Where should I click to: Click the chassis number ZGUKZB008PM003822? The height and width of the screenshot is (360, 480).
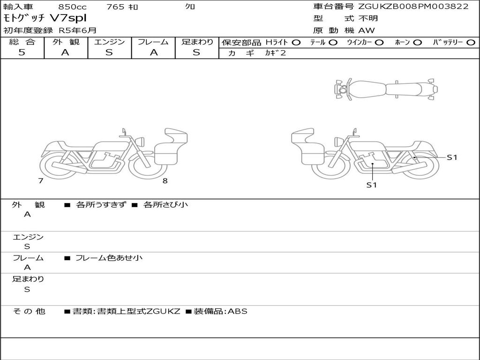pyautogui.click(x=413, y=7)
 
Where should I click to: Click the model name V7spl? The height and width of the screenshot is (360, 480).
pyautogui.click(x=68, y=18)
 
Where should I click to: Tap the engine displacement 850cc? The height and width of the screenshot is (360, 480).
pyautogui.click(x=73, y=7)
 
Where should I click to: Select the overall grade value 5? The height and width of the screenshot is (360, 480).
pyautogui.click(x=22, y=52)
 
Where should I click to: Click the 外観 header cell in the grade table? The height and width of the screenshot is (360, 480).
pyautogui.click(x=66, y=42)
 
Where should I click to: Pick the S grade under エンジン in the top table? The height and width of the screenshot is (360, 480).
pyautogui.click(x=109, y=52)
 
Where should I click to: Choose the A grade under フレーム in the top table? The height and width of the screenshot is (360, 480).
pyautogui.click(x=154, y=52)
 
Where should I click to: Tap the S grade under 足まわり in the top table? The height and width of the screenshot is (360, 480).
pyautogui.click(x=196, y=52)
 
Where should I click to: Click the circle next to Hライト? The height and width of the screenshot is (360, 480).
pyautogui.click(x=296, y=43)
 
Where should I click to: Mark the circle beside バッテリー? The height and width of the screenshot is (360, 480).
pyautogui.click(x=471, y=43)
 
